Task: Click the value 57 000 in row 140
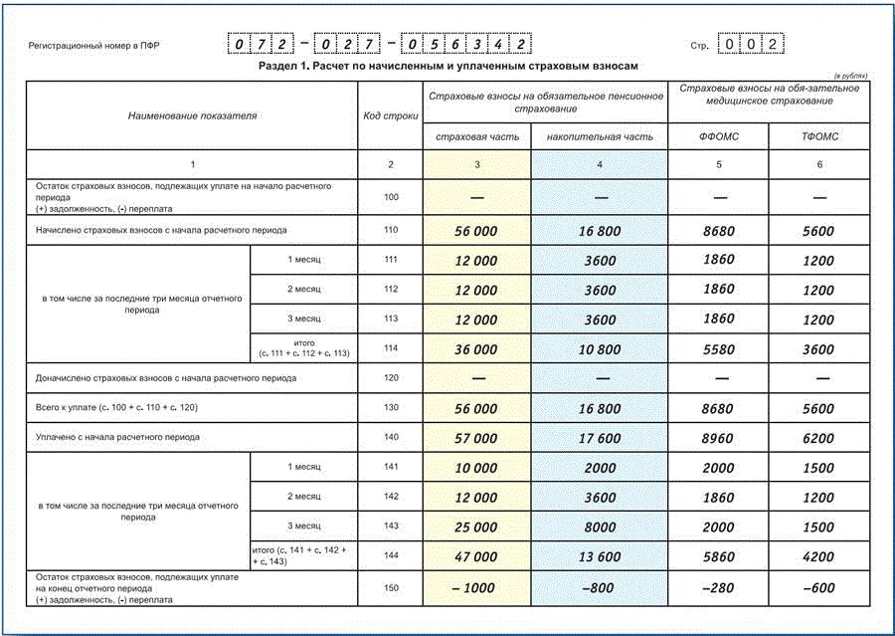pos(475,438)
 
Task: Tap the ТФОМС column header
pos(819,136)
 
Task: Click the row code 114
pos(390,349)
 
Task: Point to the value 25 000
pos(475,528)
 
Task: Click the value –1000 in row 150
pos(473,588)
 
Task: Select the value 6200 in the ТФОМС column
pos(819,438)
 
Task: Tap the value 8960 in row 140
pos(718,438)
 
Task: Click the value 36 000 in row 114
pos(475,350)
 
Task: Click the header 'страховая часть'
pos(476,136)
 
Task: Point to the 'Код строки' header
pos(390,115)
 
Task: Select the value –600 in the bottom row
pos(819,588)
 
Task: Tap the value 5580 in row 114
pos(718,350)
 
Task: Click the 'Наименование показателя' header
pos(192,115)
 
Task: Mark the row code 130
pos(390,408)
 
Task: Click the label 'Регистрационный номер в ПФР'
pos(94,46)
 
